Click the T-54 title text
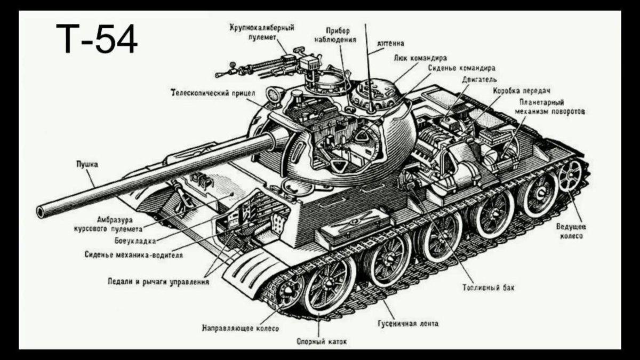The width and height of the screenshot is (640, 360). (x=96, y=40)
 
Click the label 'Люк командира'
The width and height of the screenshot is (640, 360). (x=421, y=57)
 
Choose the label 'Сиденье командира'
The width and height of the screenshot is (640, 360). (x=462, y=68)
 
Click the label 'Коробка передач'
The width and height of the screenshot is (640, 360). (x=521, y=90)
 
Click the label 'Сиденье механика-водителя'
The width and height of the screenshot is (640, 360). (x=134, y=255)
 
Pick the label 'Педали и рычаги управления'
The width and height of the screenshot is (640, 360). (x=158, y=282)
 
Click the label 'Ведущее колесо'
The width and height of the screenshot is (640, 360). (x=570, y=230)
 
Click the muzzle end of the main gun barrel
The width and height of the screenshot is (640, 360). (x=41, y=211)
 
